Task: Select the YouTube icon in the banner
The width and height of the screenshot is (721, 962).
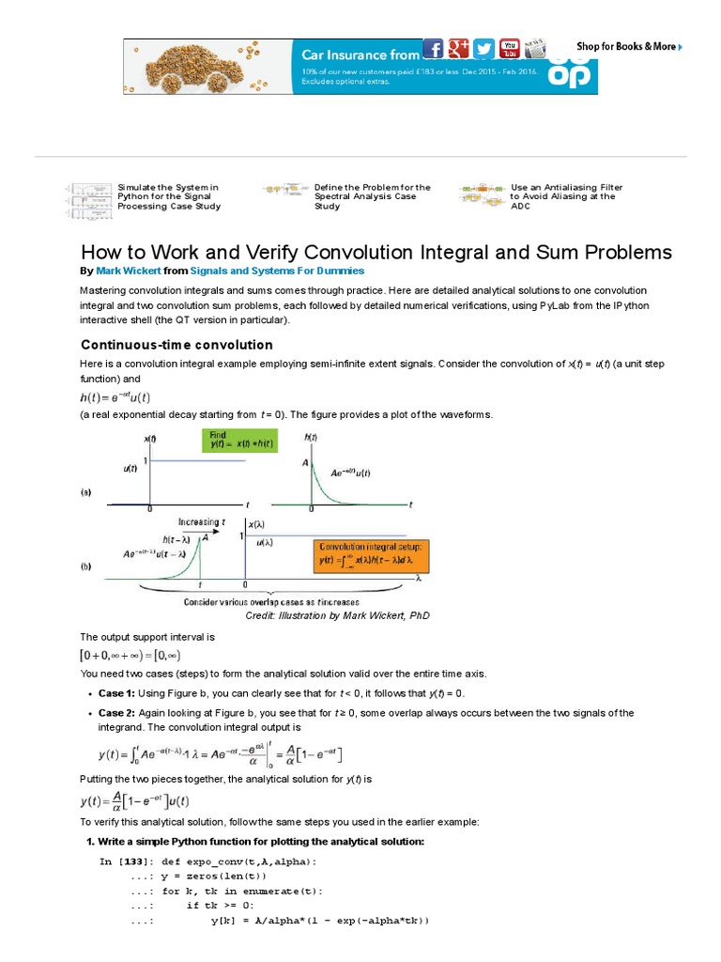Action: pos(510,49)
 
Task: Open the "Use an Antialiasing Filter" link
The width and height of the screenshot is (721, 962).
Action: pos(566,196)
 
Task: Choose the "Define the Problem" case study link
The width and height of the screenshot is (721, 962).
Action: pos(372,196)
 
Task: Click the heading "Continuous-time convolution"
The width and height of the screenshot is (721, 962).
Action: pos(176,344)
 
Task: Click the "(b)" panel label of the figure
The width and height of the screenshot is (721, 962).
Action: pos(85,566)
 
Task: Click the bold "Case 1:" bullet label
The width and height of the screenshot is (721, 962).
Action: pos(118,692)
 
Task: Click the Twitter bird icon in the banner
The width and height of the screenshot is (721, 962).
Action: pos(484,49)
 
